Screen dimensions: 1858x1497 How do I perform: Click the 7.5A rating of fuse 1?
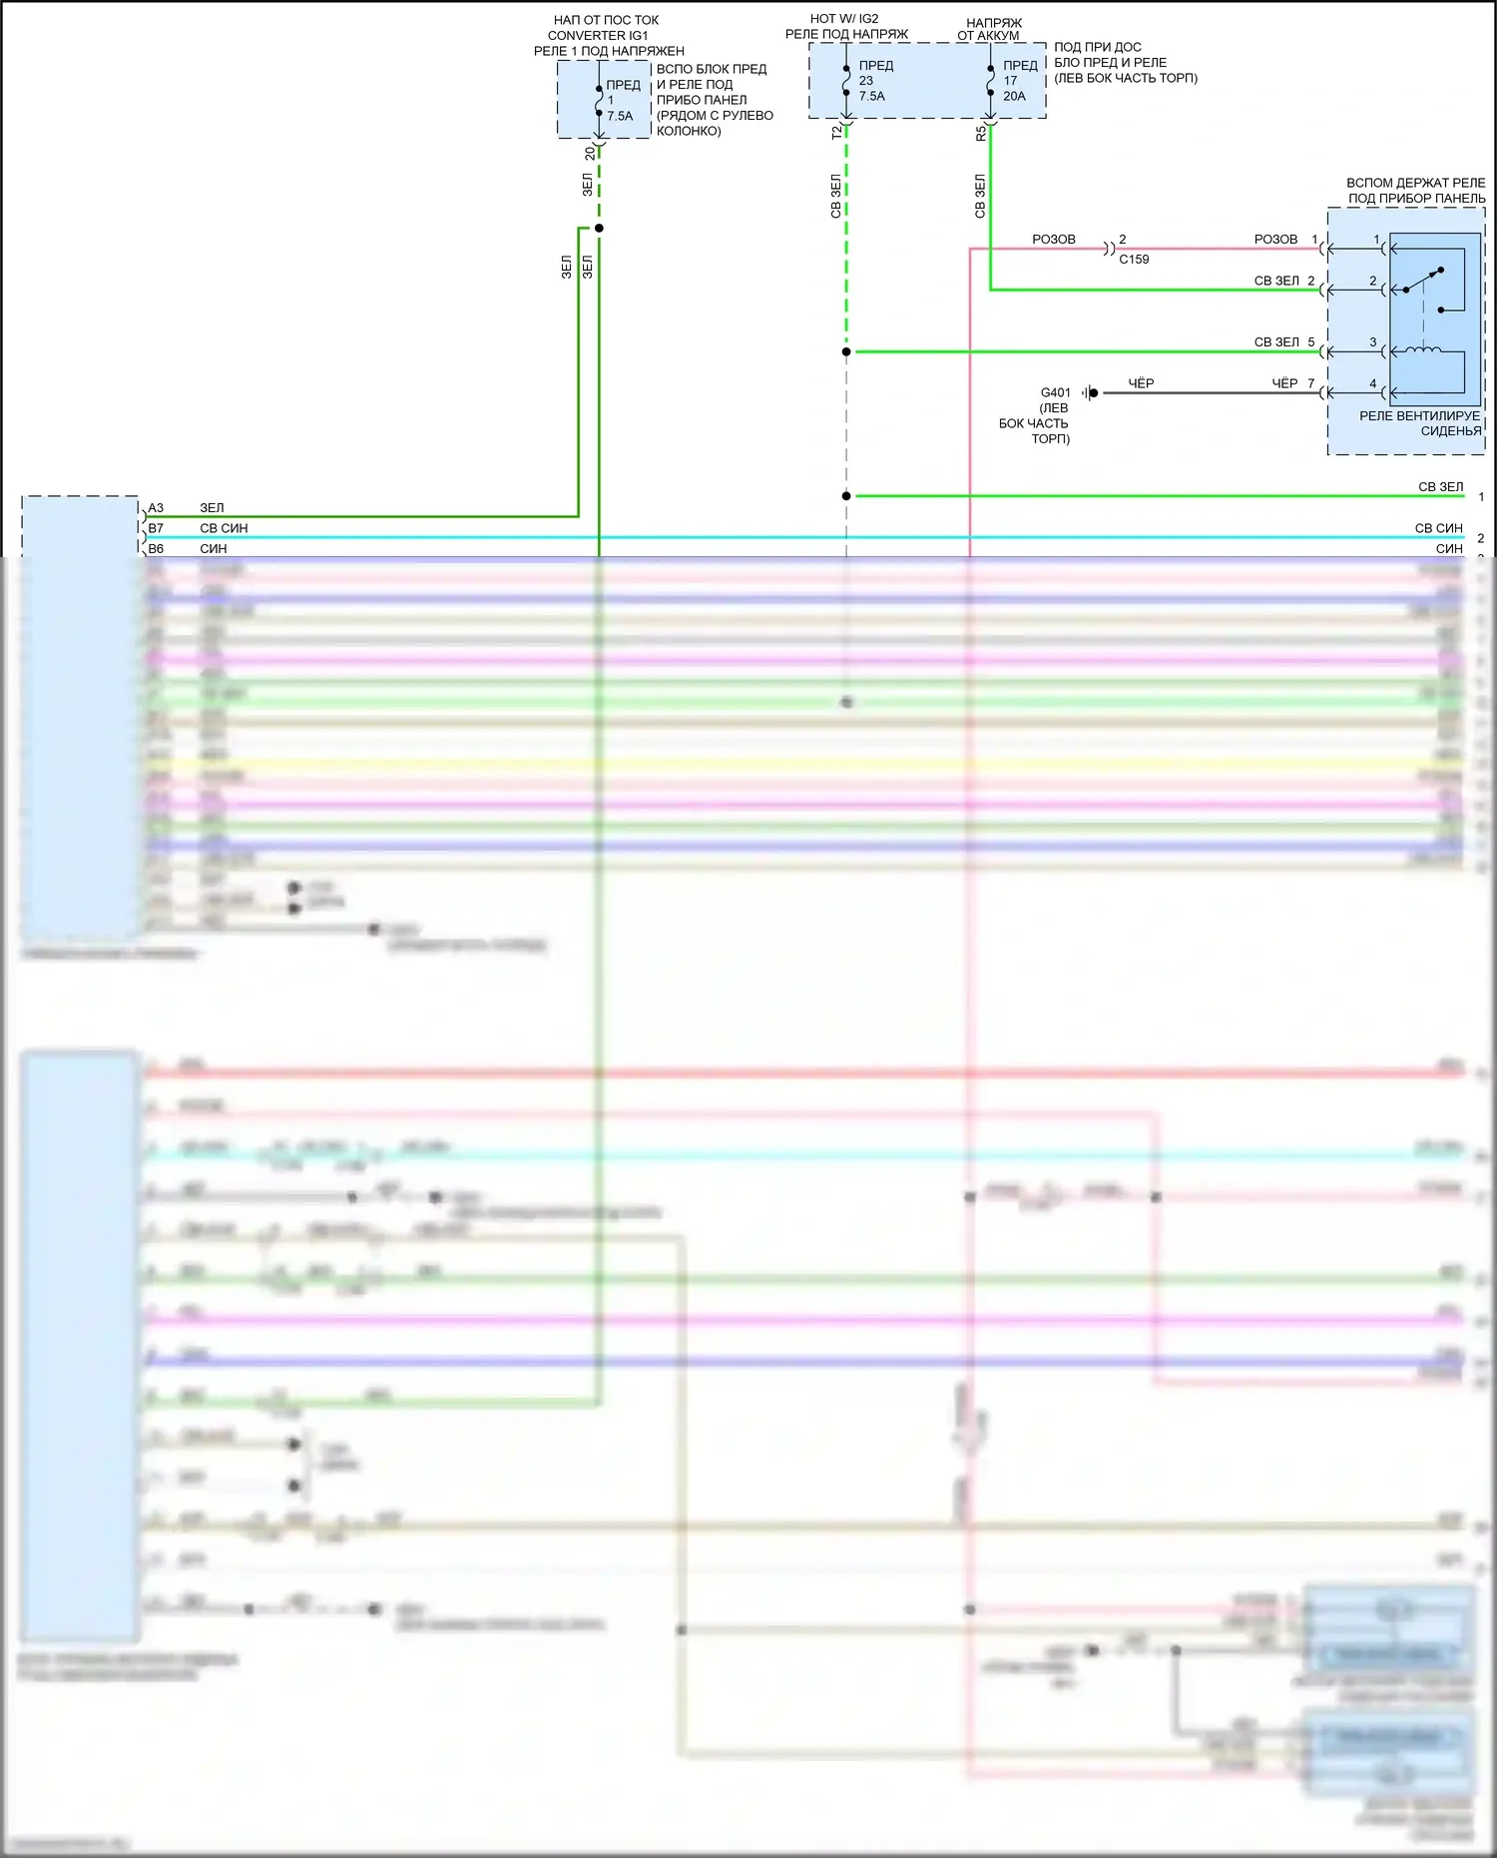click(x=620, y=116)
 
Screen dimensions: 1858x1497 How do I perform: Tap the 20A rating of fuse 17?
click(x=1014, y=96)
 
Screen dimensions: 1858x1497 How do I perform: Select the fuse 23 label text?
click(x=866, y=81)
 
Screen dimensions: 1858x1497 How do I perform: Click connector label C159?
click(x=1134, y=260)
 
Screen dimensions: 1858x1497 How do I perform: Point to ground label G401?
click(x=1055, y=392)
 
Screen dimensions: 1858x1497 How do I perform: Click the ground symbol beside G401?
click(x=1091, y=393)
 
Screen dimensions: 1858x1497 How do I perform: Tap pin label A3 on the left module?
click(x=156, y=508)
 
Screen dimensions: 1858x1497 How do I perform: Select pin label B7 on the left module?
click(x=156, y=528)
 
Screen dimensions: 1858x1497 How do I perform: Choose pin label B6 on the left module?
click(x=156, y=549)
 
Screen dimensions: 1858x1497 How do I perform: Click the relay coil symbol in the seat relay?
click(x=1422, y=350)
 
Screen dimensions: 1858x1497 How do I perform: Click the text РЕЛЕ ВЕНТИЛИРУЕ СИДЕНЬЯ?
click(x=1420, y=423)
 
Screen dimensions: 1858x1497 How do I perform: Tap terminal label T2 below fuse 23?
click(x=836, y=132)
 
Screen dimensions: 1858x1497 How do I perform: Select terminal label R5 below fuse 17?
click(x=980, y=132)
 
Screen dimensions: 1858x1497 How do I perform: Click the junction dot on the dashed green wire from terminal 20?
click(x=599, y=229)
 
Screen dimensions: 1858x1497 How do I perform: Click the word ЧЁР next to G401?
click(x=1141, y=383)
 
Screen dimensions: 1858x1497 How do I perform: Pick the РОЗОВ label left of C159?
click(x=1054, y=240)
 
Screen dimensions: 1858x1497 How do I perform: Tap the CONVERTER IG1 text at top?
click(x=598, y=35)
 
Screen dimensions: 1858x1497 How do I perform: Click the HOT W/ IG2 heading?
click(x=844, y=19)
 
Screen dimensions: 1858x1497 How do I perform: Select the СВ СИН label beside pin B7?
click(x=224, y=528)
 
